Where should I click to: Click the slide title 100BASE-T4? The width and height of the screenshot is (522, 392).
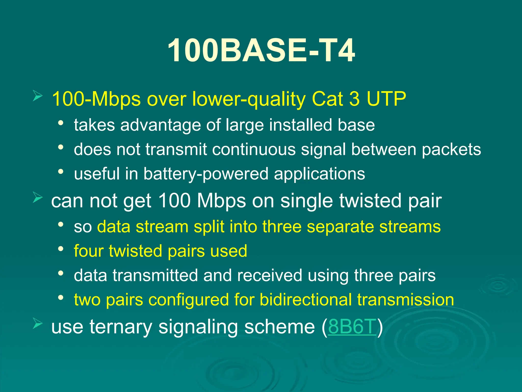click(x=261, y=50)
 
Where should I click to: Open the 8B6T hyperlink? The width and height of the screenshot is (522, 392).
click(x=352, y=326)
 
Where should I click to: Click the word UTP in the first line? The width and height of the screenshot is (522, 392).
click(x=386, y=99)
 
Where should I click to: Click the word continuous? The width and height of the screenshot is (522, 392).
click(x=254, y=149)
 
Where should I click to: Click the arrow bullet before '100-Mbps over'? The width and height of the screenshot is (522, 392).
click(x=37, y=96)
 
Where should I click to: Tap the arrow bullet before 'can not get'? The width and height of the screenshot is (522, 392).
click(x=37, y=198)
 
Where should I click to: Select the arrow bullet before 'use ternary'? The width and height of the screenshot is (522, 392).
click(x=37, y=324)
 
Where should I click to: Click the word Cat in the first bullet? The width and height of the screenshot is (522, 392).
click(x=327, y=99)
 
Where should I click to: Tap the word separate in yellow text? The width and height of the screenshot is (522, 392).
click(x=340, y=227)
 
